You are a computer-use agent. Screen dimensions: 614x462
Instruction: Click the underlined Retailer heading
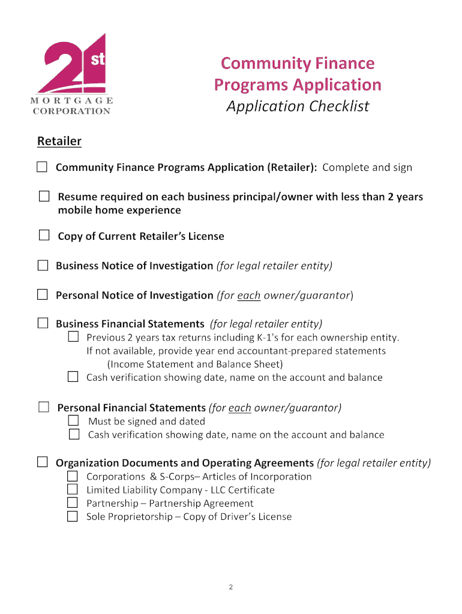[x=59, y=142]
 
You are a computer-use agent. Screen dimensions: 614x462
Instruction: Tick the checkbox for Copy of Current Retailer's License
[x=44, y=235]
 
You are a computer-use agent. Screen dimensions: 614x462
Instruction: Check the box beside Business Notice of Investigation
[x=43, y=264]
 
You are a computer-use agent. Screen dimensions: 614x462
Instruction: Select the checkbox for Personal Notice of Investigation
[x=43, y=294]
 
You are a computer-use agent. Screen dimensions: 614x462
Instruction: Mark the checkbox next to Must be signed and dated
[x=74, y=421]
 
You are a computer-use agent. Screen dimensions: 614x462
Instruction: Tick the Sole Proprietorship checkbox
[x=73, y=516]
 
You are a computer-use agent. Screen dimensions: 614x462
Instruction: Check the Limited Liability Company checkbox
[x=73, y=490]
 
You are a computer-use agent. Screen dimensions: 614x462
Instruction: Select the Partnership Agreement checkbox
[x=73, y=503]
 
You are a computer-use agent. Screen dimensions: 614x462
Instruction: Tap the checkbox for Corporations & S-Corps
[x=73, y=476]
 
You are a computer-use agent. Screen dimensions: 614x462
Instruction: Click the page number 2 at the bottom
[x=231, y=587]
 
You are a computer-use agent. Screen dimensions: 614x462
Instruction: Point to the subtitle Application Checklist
[x=297, y=107]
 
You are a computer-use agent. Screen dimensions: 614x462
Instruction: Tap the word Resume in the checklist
[x=76, y=197]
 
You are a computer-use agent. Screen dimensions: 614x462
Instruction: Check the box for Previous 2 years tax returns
[x=73, y=337]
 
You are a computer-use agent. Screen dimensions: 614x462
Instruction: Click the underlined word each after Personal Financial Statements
[x=240, y=408]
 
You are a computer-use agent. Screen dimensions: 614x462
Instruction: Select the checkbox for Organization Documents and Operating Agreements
[x=43, y=462]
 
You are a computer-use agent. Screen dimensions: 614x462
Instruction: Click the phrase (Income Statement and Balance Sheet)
[x=195, y=364]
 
